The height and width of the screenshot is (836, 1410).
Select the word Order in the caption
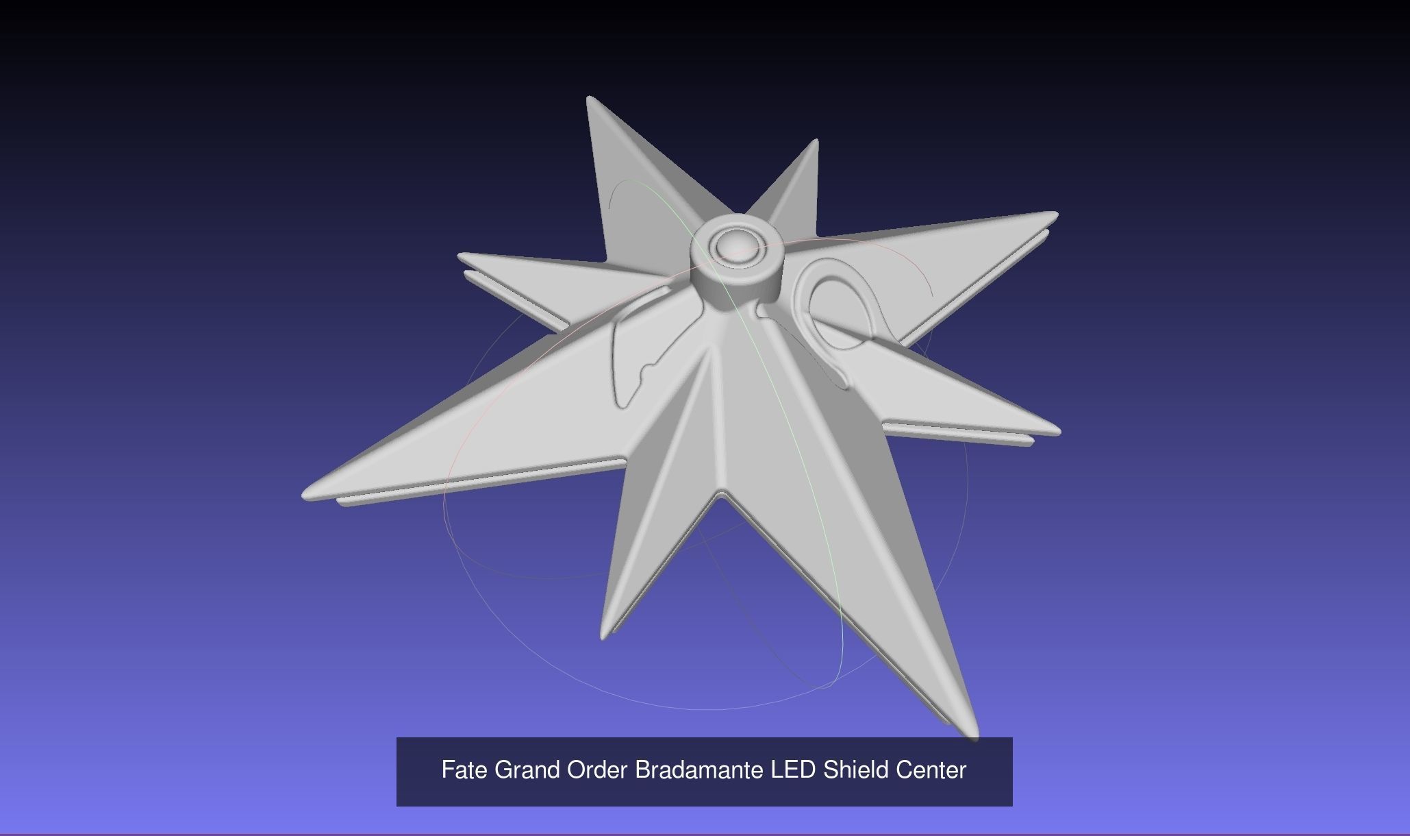tap(597, 770)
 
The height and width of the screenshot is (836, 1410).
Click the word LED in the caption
tap(793, 770)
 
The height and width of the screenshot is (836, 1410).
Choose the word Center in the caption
tap(931, 770)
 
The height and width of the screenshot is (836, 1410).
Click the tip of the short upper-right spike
tap(815, 143)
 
